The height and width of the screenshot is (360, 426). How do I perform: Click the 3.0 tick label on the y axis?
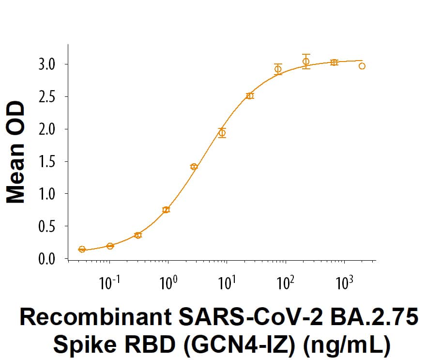(49, 64)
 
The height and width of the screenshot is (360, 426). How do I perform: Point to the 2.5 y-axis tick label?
(49, 97)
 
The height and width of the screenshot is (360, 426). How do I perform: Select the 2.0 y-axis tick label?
(49, 129)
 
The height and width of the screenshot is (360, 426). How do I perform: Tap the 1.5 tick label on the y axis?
(49, 162)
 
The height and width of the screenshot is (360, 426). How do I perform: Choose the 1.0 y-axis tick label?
(49, 194)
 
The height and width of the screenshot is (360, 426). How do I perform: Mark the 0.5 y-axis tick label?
(49, 227)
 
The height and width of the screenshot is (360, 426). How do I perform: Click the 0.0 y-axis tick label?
(49, 259)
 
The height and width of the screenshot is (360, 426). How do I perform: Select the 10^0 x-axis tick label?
(168, 282)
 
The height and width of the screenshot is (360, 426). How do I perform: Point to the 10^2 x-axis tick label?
(285, 282)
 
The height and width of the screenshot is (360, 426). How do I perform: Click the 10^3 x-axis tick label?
(344, 282)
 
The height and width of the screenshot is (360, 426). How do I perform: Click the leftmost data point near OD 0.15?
(82, 249)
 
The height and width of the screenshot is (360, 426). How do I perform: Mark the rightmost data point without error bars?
(362, 66)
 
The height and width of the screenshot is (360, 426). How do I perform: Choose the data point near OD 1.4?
(194, 167)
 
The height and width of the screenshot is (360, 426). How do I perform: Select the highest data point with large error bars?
(306, 62)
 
